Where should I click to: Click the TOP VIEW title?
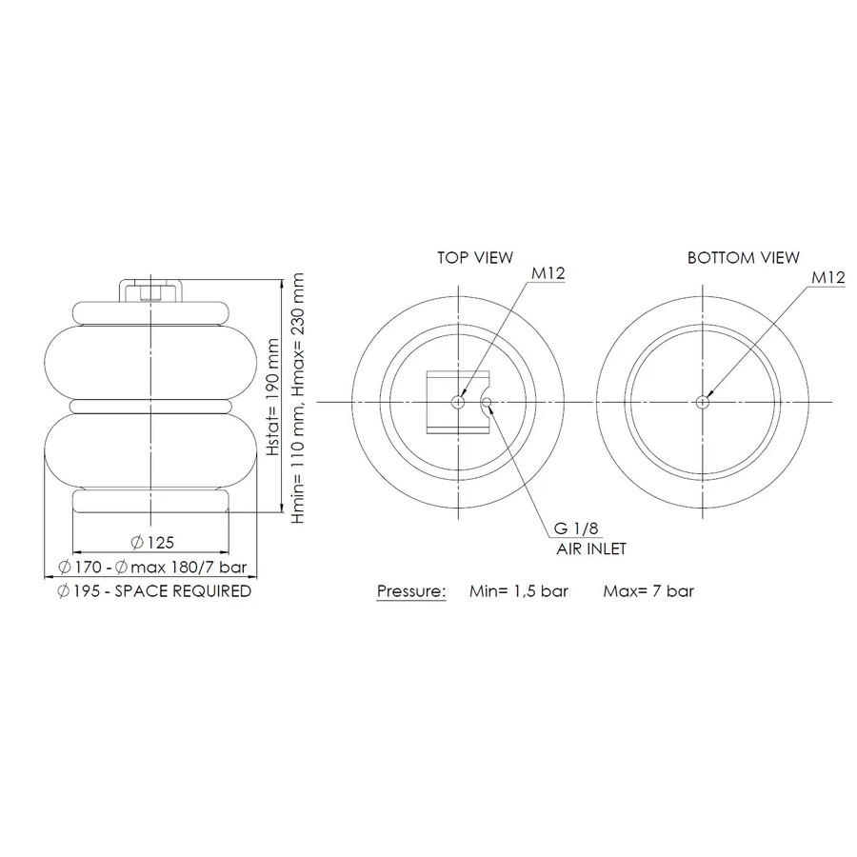475,257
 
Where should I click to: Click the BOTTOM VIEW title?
744,257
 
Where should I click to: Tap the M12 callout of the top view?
548,273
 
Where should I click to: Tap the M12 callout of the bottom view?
828,277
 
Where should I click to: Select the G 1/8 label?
576,528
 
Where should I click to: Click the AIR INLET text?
591,548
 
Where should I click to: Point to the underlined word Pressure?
411,591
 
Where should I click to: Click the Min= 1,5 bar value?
519,590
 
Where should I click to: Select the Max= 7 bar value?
648,590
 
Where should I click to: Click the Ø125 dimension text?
152,542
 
